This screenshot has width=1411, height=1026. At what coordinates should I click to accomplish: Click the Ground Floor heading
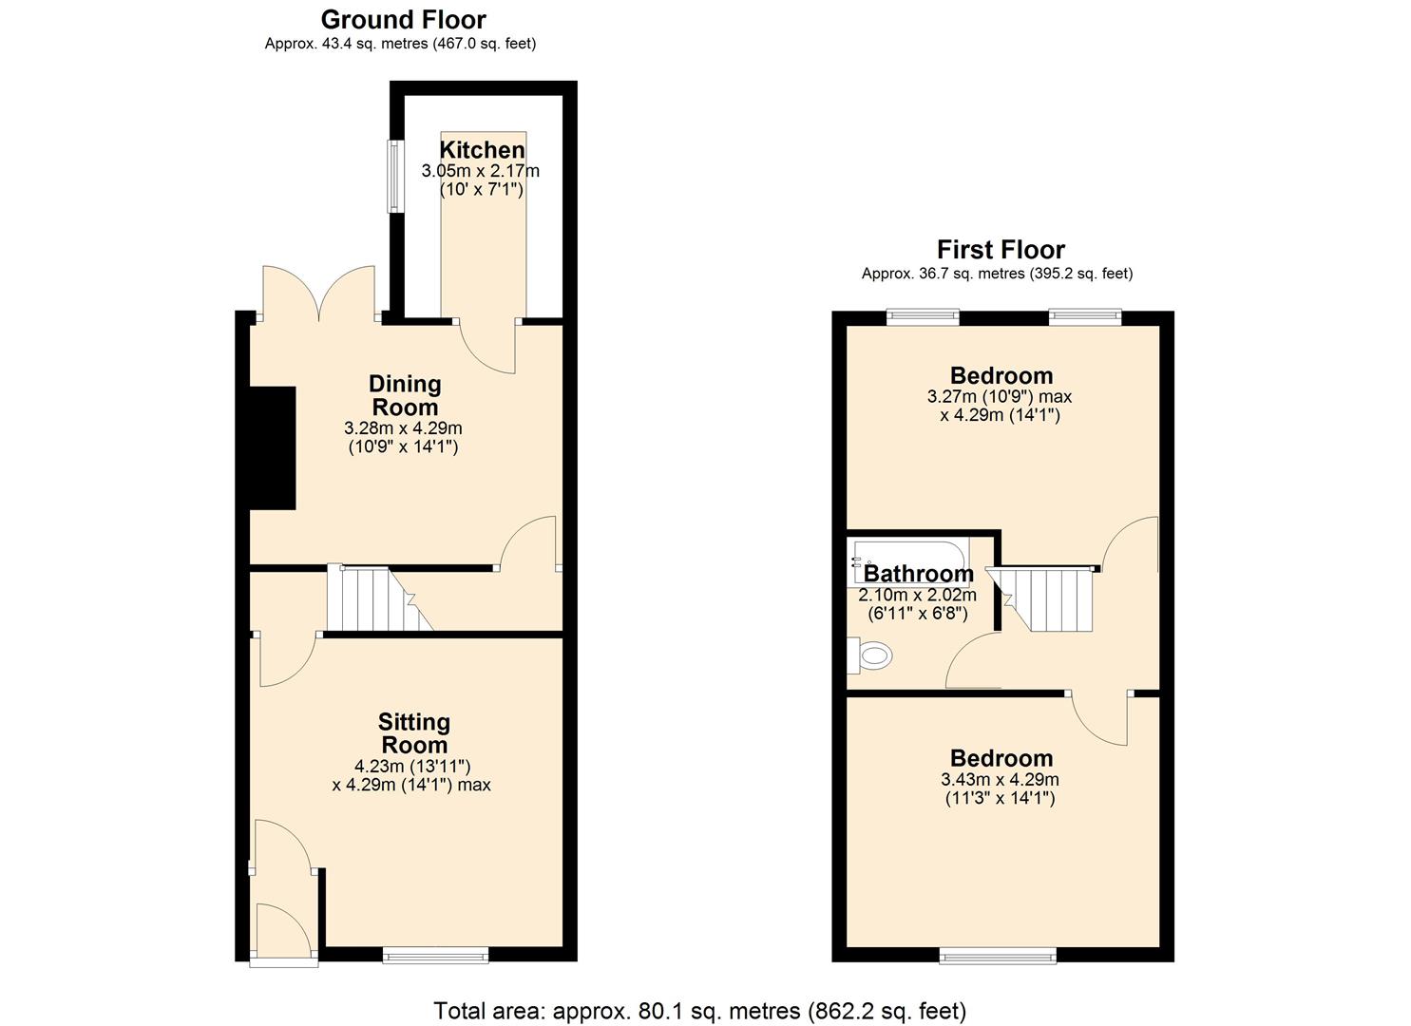(403, 20)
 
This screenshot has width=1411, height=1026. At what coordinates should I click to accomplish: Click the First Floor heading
(1001, 250)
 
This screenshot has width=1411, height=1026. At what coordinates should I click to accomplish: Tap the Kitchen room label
(482, 150)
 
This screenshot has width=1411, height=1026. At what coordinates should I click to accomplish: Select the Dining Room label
(405, 395)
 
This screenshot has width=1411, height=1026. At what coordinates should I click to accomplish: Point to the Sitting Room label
(413, 733)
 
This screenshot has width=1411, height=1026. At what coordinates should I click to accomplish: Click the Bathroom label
(919, 574)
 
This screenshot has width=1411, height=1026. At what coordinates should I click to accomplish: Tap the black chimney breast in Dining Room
(273, 447)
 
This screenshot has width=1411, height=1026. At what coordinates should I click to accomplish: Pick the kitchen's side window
(391, 177)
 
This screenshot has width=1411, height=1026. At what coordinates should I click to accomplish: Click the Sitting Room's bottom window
(435, 955)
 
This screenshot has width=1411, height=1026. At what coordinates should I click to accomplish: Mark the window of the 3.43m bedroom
(997, 955)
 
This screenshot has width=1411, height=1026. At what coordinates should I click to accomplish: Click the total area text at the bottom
(699, 1010)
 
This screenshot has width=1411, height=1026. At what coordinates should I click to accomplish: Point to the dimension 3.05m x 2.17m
(480, 172)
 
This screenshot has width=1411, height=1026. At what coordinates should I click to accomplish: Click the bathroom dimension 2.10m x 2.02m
(917, 596)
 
